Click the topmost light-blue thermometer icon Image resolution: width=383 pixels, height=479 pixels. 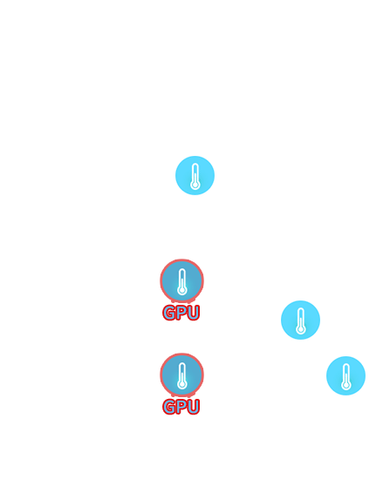click(195, 175)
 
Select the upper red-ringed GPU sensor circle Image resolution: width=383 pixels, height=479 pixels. click(182, 280)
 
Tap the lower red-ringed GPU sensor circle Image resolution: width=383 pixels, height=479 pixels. click(182, 374)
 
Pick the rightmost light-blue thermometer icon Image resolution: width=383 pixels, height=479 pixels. click(346, 375)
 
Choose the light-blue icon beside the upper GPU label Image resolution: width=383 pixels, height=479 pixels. click(300, 320)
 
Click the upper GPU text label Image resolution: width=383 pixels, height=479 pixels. click(181, 313)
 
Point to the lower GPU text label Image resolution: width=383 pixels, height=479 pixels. click(181, 407)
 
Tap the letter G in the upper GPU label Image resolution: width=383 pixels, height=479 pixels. click(168, 313)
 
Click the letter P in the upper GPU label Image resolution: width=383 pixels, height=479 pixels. click(181, 313)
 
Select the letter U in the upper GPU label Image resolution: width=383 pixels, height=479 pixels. click(194, 313)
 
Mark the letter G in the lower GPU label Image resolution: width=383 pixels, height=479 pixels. click(168, 407)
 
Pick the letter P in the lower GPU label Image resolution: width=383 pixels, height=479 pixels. click(181, 407)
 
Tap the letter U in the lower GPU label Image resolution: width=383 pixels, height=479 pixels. click(194, 407)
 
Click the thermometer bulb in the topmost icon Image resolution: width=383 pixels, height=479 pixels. click(195, 185)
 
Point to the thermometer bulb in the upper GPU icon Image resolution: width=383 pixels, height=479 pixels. click(182, 290)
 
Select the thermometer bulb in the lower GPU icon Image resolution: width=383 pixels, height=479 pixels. click(182, 384)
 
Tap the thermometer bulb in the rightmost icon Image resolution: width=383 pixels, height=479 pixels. click(346, 385)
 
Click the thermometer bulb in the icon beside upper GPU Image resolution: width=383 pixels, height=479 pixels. click(301, 329)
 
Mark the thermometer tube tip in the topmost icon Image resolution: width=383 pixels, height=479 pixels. click(195, 164)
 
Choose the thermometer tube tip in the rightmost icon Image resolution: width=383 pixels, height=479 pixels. click(346, 364)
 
